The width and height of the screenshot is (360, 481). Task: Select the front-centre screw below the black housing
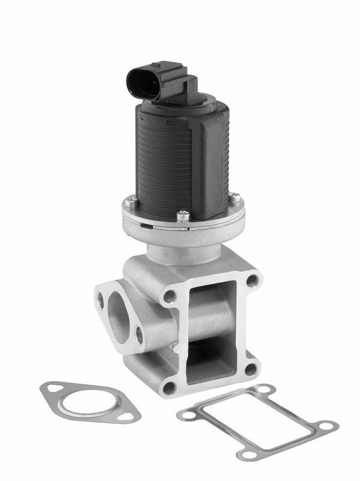tap(183, 214)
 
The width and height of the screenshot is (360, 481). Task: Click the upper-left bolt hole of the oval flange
tap(102, 298)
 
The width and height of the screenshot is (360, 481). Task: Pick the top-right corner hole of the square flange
tap(252, 280)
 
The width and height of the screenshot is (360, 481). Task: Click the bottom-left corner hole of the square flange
tap(169, 387)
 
